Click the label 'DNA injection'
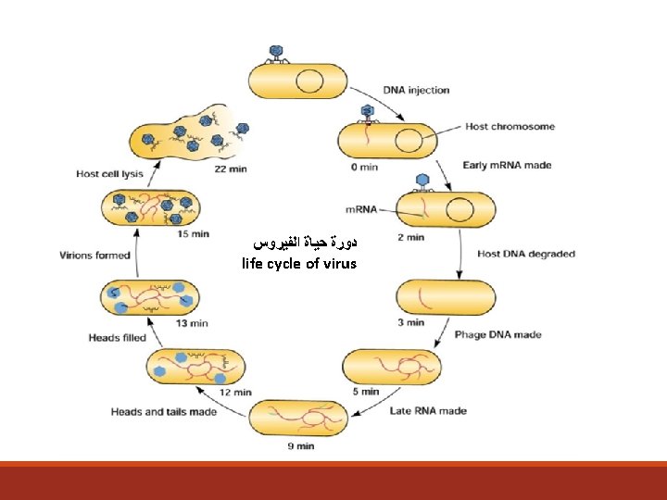(416, 91)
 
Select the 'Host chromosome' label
(510, 126)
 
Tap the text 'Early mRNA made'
(507, 166)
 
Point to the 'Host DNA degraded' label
(525, 253)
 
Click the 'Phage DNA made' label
(497, 335)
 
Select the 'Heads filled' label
(117, 338)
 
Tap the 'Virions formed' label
(94, 255)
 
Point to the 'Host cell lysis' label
(108, 173)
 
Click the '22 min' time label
(231, 169)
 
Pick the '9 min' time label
(301, 446)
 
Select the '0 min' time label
(364, 167)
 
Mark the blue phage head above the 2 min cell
(423, 181)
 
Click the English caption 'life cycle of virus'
(299, 264)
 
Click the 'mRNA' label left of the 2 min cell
(360, 209)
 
